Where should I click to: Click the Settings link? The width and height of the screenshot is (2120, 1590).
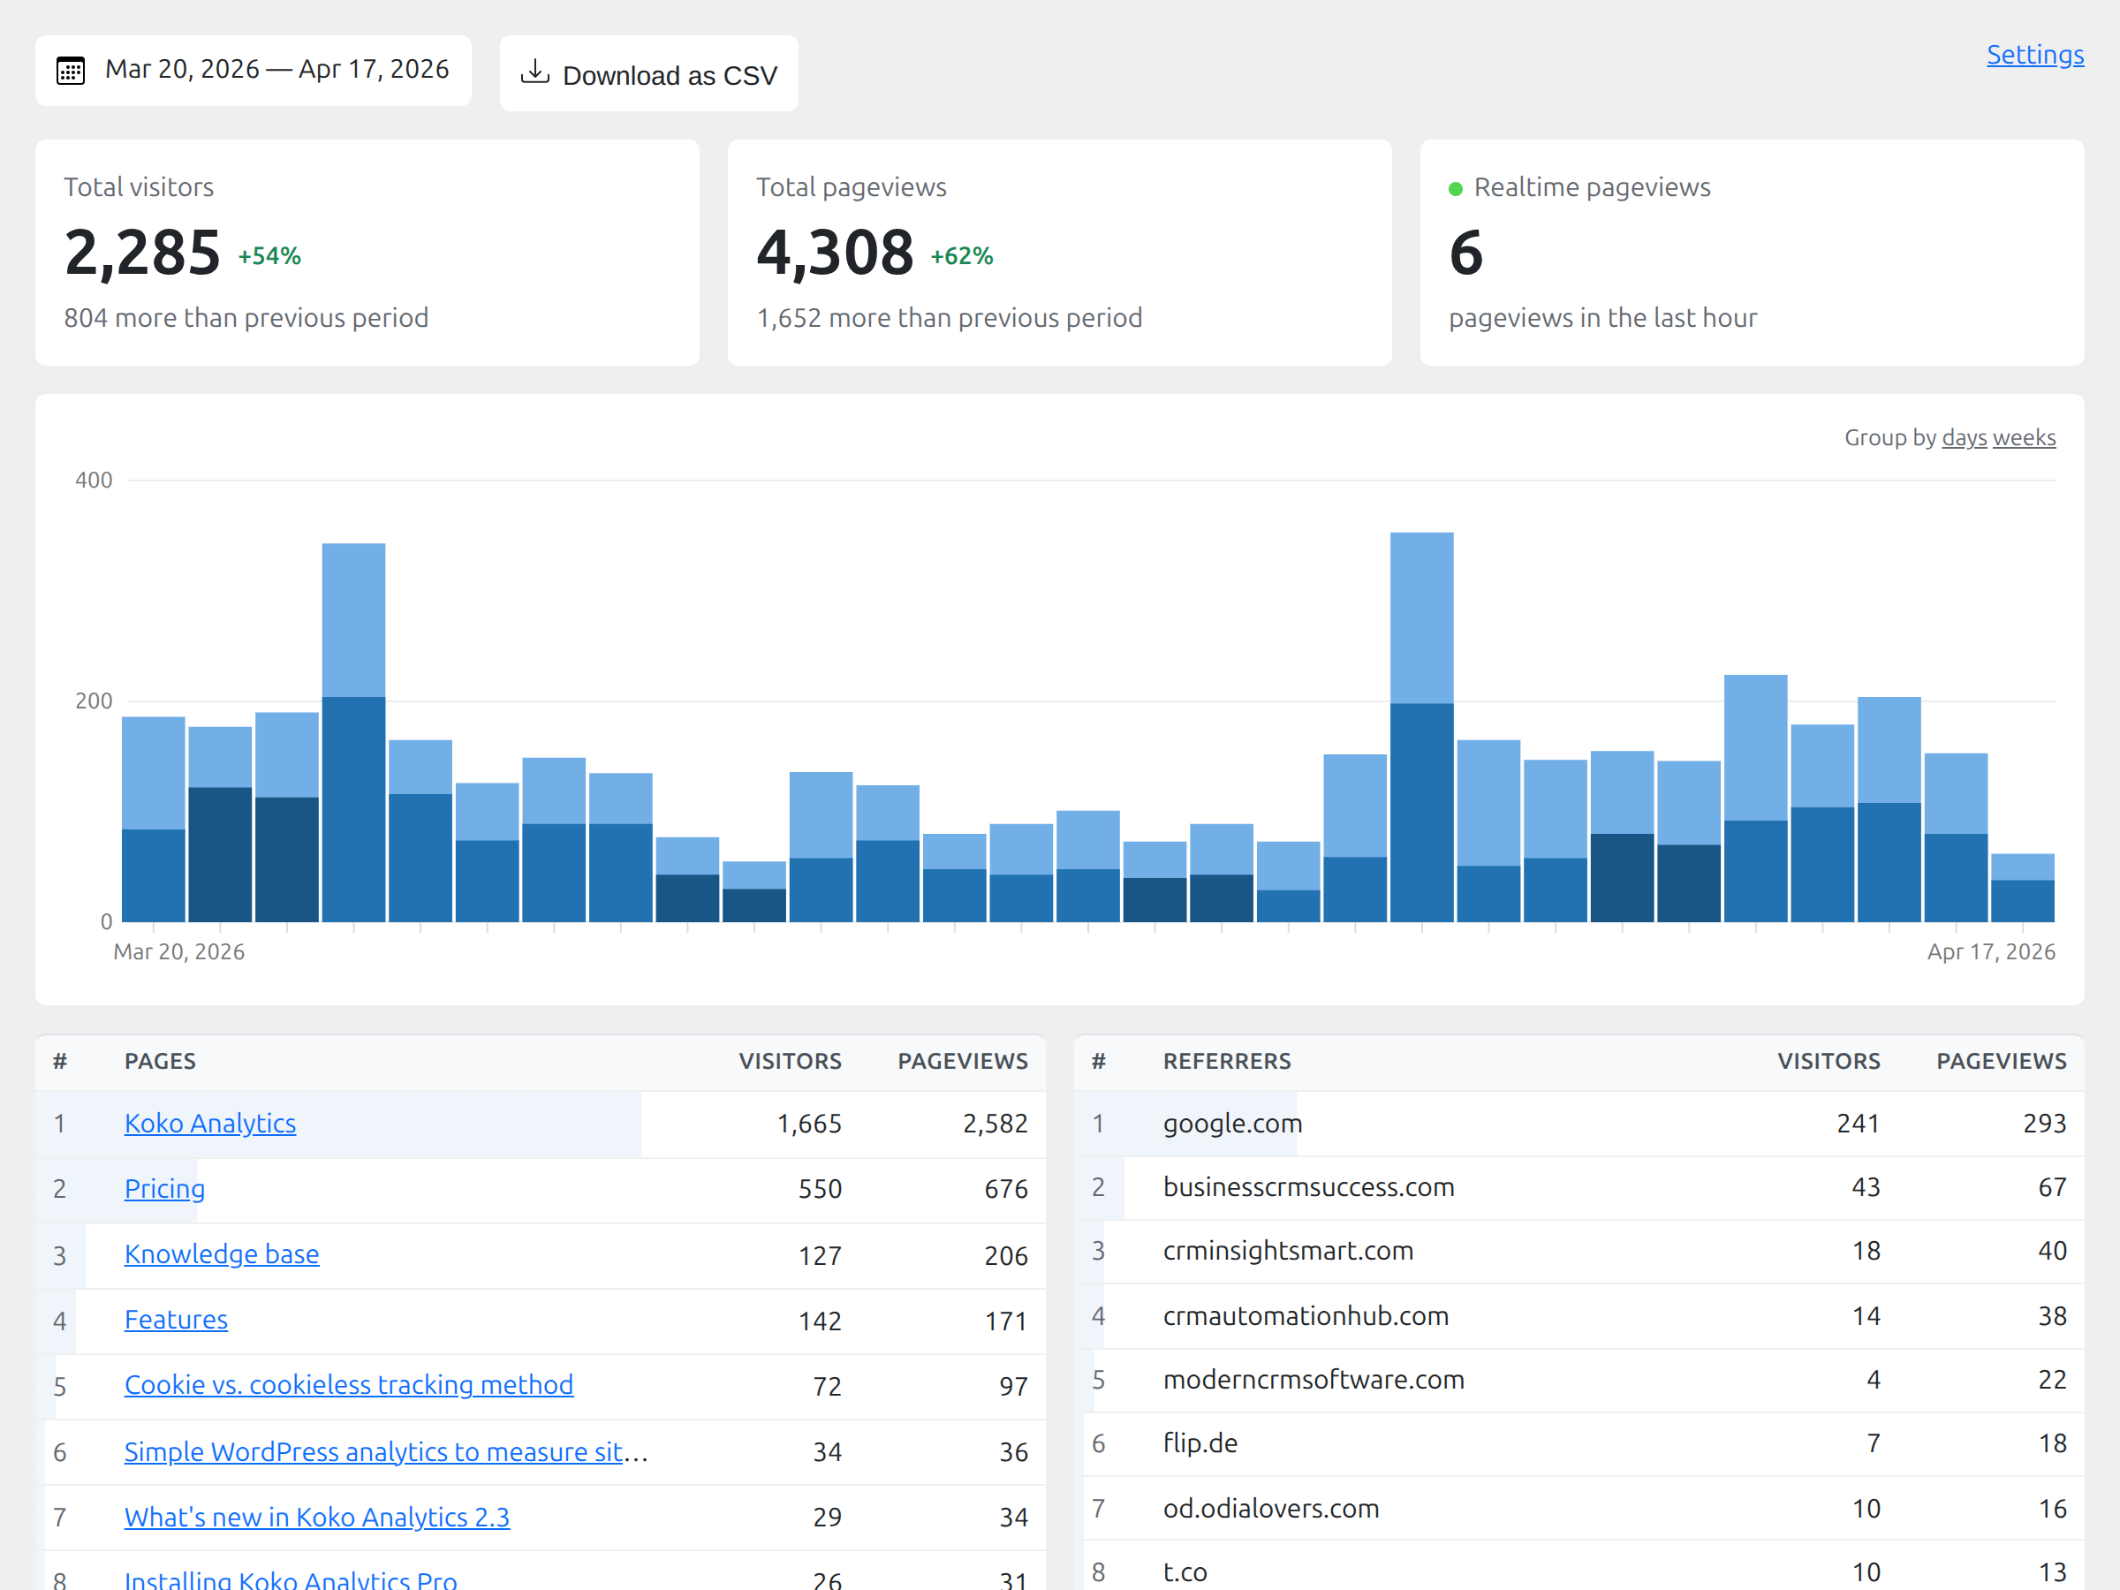[x=2033, y=55]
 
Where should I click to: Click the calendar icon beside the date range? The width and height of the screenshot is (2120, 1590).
[x=71, y=71]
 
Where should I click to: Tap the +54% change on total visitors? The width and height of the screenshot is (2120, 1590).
[x=269, y=256]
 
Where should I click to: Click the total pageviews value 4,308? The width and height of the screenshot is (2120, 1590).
[x=834, y=253]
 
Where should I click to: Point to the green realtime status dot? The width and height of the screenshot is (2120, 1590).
[x=1455, y=189]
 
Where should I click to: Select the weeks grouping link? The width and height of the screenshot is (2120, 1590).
[x=2025, y=438]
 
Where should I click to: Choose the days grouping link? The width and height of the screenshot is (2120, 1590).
[x=1964, y=438]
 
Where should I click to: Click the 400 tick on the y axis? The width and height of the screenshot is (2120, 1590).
[x=93, y=481]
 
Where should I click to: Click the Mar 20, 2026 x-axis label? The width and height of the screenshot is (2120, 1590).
[x=178, y=951]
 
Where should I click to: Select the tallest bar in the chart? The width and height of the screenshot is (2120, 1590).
[x=1421, y=729]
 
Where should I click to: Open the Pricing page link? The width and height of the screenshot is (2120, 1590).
[x=164, y=1188]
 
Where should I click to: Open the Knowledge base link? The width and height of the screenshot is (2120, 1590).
[x=222, y=1253]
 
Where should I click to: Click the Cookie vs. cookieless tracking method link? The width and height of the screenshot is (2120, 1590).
[x=349, y=1385]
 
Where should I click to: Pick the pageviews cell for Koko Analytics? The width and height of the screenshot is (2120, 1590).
[x=994, y=1124]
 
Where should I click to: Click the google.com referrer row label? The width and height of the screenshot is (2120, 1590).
[x=1232, y=1124]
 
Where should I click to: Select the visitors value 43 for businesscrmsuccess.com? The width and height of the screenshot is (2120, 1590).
[x=1864, y=1187]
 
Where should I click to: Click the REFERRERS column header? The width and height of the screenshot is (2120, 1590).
[x=1227, y=1061]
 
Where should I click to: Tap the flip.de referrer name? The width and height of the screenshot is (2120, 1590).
[x=1200, y=1443]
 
